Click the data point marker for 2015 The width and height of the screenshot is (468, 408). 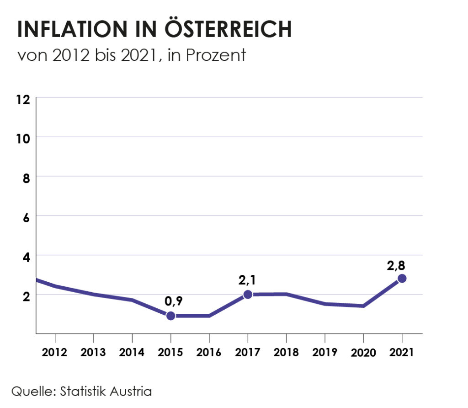click(170, 316)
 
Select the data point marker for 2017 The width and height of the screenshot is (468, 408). click(248, 295)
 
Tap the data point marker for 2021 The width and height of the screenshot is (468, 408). click(402, 279)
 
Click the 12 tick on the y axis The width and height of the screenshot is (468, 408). click(24, 99)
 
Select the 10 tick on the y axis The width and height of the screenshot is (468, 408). click(24, 138)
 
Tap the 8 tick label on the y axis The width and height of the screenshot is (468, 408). click(26, 177)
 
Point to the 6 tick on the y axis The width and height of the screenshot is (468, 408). click(26, 217)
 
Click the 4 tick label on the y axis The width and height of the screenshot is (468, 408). click(26, 256)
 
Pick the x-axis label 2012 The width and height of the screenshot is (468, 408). click(55, 353)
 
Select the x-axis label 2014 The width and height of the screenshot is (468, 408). click(132, 353)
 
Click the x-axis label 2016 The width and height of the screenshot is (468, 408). click(209, 353)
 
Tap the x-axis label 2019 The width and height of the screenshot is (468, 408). click(324, 353)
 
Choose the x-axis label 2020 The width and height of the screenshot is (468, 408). click(363, 353)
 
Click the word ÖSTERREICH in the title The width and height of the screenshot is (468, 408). click(227, 29)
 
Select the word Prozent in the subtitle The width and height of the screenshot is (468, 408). click(216, 55)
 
